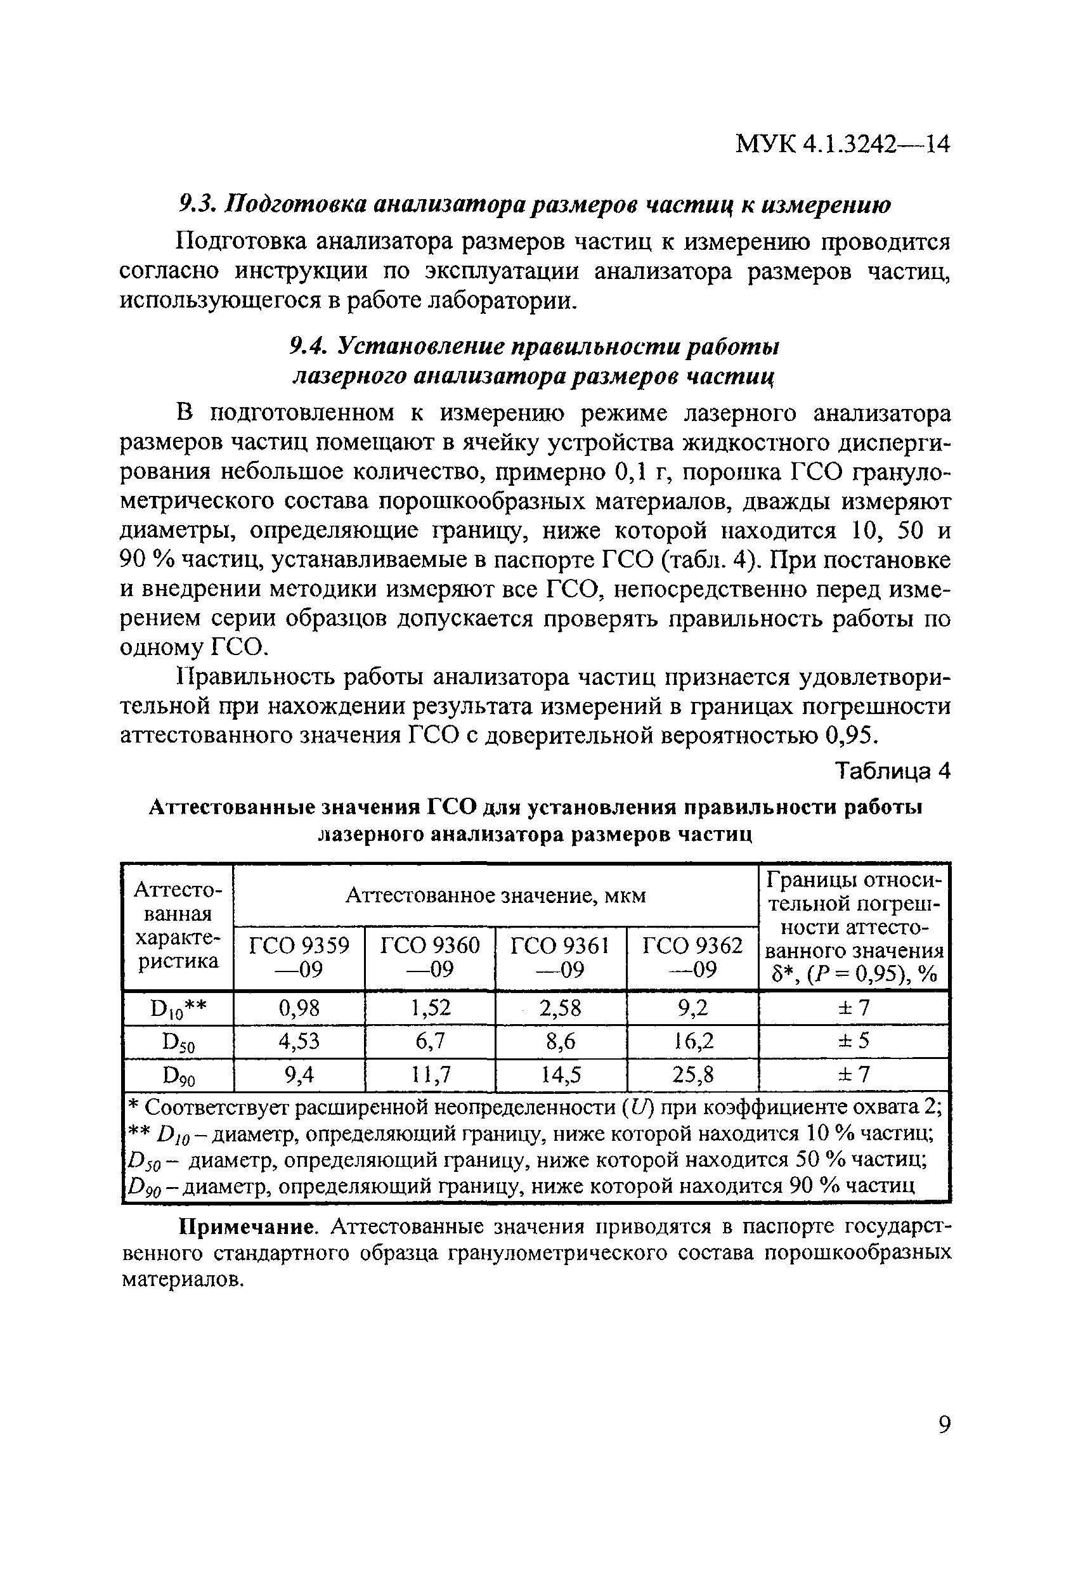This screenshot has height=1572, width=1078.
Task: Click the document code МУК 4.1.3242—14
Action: click(x=842, y=144)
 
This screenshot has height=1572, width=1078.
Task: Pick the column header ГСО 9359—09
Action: click(x=299, y=957)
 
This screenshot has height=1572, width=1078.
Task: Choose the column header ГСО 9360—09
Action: click(x=430, y=957)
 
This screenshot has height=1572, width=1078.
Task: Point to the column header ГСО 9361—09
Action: click(x=561, y=957)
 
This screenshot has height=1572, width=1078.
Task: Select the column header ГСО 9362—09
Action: click(x=692, y=957)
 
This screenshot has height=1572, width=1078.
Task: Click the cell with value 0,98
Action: click(x=299, y=1008)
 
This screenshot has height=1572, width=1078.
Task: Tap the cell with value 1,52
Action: click(x=430, y=1008)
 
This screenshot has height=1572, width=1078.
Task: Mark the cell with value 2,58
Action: click(x=561, y=1008)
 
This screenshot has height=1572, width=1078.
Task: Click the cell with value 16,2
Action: click(x=692, y=1041)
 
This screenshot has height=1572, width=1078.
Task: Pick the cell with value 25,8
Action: click(x=692, y=1074)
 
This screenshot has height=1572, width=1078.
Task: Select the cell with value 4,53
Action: click(x=299, y=1041)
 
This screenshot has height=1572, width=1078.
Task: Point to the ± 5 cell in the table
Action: click(x=854, y=1041)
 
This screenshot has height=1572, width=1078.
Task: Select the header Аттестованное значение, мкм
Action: click(x=496, y=895)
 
